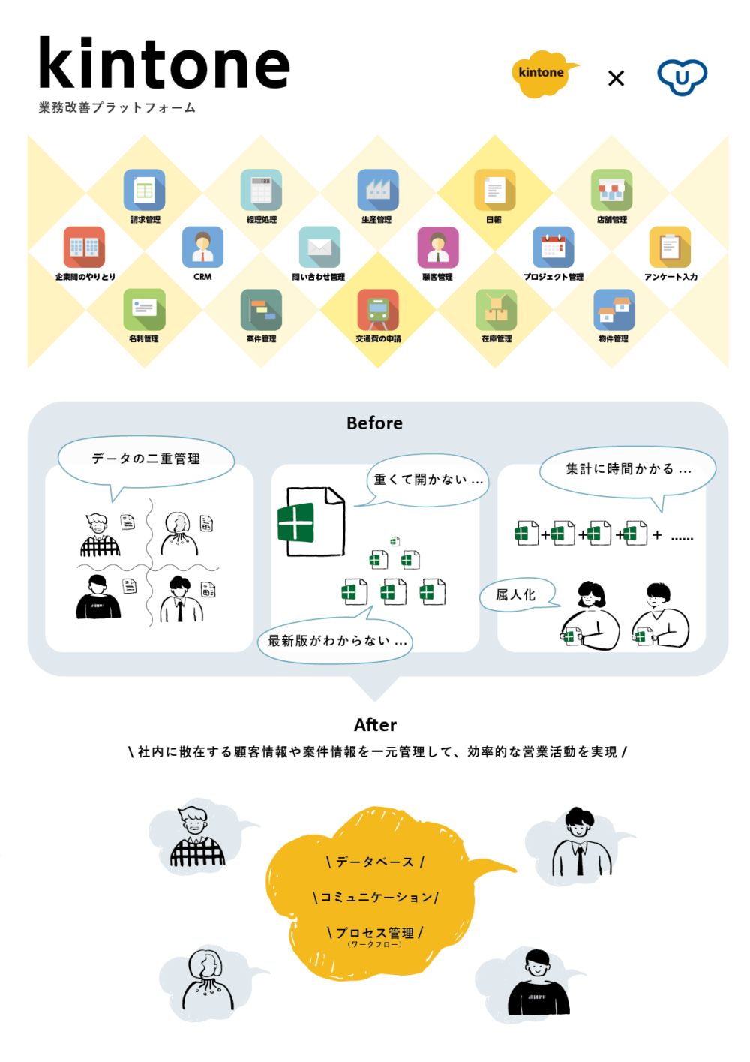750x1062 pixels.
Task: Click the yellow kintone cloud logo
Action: [x=541, y=74]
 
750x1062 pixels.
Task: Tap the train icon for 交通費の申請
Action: [x=378, y=310]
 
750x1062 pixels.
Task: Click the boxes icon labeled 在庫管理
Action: [x=496, y=310]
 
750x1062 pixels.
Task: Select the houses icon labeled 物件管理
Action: [x=613, y=310]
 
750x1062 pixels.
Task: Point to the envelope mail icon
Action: [x=319, y=247]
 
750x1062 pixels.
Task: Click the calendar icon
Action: [x=553, y=247]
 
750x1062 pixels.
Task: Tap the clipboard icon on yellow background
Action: [x=670, y=247]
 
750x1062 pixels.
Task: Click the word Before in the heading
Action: [x=374, y=423]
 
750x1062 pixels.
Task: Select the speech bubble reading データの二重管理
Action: [x=146, y=459]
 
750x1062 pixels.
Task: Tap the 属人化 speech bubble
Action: [x=516, y=595]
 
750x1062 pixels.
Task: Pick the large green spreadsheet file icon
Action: [x=312, y=522]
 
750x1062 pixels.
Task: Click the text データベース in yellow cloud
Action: [x=375, y=862]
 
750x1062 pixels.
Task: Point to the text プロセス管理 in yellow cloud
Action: [x=375, y=933]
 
